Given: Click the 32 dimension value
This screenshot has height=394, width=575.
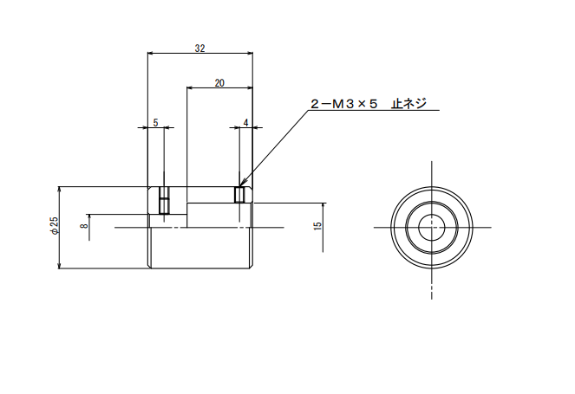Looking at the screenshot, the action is click(x=199, y=48).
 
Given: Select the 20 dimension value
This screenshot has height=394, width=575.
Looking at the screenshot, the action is click(x=219, y=83).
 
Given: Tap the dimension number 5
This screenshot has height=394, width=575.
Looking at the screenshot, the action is click(x=155, y=123).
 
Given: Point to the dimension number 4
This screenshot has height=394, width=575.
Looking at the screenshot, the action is click(x=245, y=123).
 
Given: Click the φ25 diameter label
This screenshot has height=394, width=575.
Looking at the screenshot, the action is click(x=55, y=225).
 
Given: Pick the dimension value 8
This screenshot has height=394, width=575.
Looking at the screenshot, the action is click(x=85, y=226).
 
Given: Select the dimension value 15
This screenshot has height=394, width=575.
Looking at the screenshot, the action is click(x=318, y=225).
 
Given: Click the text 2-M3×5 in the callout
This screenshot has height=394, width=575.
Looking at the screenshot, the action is click(x=343, y=104).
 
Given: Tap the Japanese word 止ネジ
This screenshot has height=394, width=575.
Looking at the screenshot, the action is click(x=408, y=104).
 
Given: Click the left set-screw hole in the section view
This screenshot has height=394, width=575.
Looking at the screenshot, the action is click(x=164, y=200).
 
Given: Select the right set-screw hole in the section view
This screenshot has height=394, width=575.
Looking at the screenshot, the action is click(x=239, y=195).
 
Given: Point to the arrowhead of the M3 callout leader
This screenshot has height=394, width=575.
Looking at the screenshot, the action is click(x=241, y=183).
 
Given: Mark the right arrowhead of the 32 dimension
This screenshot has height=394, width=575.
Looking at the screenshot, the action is click(x=251, y=53).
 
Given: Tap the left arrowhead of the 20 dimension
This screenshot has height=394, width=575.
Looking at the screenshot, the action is click(x=190, y=87).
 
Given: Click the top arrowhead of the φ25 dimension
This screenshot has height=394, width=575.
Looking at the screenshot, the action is click(x=59, y=190).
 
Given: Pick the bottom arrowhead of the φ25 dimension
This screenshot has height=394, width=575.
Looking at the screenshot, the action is click(x=59, y=266).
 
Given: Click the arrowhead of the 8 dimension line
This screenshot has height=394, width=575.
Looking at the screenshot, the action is click(x=89, y=217).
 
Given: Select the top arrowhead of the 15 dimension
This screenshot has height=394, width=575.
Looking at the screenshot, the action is click(x=323, y=206).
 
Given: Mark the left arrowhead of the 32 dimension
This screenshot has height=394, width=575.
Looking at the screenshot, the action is click(x=150, y=53).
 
